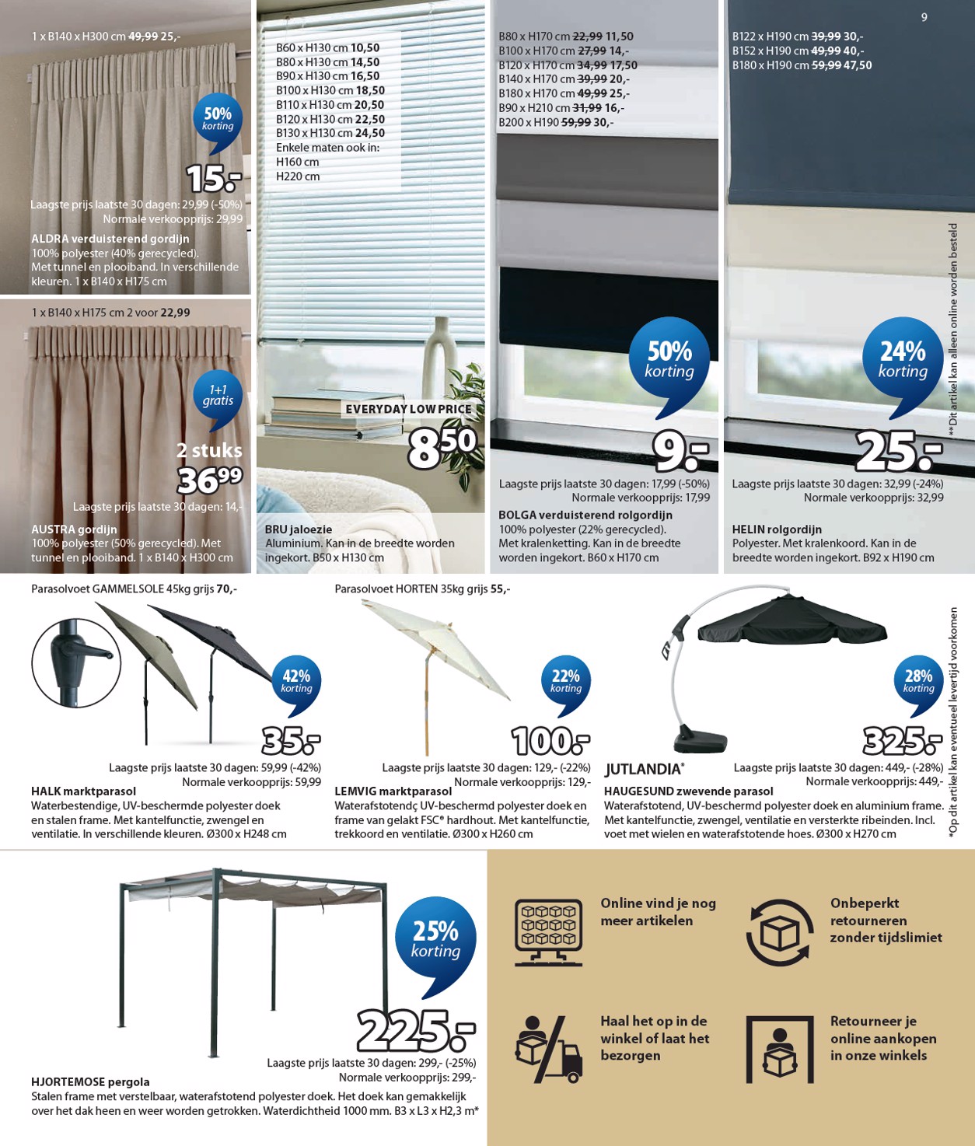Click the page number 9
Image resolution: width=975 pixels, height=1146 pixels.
point(924,17)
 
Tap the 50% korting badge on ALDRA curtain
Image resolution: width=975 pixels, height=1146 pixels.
point(218,119)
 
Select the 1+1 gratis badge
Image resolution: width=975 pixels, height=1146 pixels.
point(218,396)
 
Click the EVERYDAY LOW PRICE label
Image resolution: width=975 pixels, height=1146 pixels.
point(408,409)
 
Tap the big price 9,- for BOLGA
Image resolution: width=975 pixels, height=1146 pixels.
point(680,451)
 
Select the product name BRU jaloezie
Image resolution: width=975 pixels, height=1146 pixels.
point(299,529)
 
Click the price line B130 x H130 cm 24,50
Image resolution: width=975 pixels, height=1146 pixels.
point(330,133)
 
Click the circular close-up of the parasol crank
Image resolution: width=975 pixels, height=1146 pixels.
point(76,663)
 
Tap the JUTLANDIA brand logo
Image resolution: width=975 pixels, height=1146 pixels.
point(644,770)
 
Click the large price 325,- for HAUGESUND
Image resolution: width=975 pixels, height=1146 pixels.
point(902,741)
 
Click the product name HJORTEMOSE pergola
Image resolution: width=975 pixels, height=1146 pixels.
point(90,1081)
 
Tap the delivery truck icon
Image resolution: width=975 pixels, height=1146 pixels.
point(548,1050)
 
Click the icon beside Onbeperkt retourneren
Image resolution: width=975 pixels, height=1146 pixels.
point(780,932)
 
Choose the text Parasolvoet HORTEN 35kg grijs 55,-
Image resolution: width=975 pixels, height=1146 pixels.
point(422,589)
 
